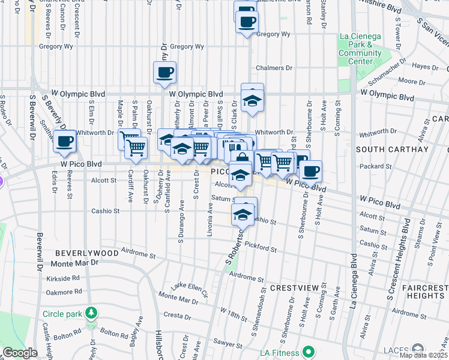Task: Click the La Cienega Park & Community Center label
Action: click(360, 49)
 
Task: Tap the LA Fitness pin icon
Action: click(309, 351)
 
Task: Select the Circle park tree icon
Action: click(91, 313)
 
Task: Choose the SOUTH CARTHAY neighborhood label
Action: click(393, 149)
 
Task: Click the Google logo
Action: click(20, 353)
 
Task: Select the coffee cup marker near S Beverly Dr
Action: click(65, 142)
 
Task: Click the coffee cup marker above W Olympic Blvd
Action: click(164, 73)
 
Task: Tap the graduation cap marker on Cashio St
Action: click(243, 214)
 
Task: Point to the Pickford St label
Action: click(260, 248)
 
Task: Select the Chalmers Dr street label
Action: click(274, 68)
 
